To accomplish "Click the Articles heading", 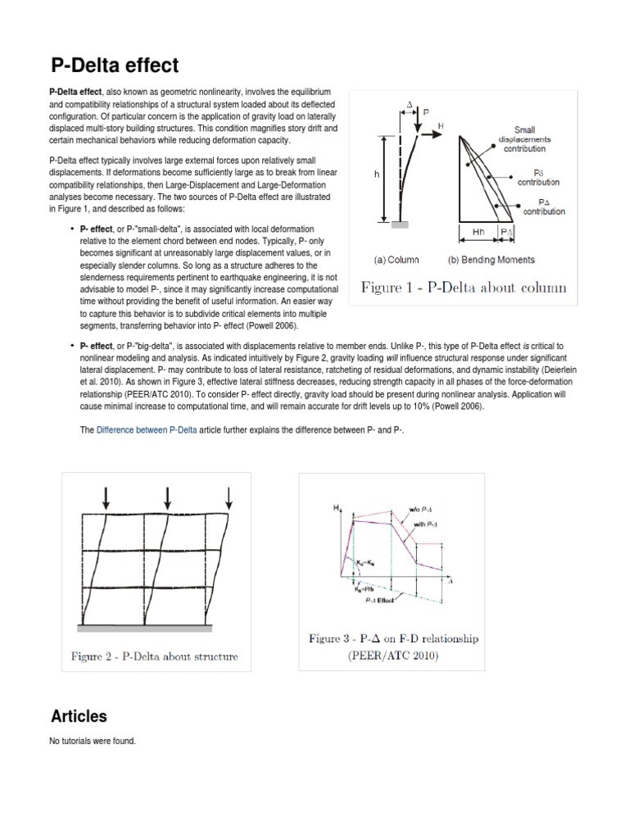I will click(x=79, y=716).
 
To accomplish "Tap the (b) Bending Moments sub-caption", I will click(x=491, y=260).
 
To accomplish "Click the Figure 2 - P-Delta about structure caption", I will click(x=156, y=655).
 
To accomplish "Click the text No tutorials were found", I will click(x=93, y=741).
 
